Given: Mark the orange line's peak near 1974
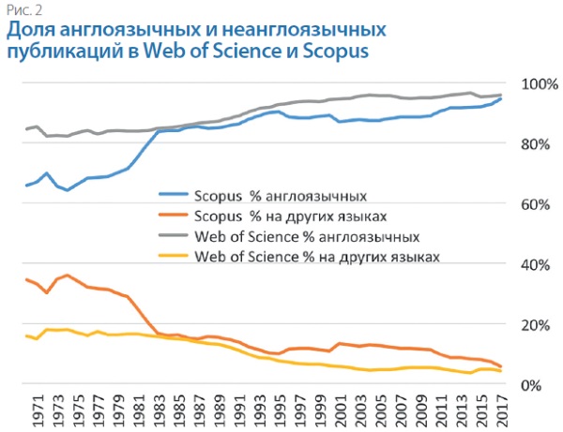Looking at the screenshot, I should tap(67, 276).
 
